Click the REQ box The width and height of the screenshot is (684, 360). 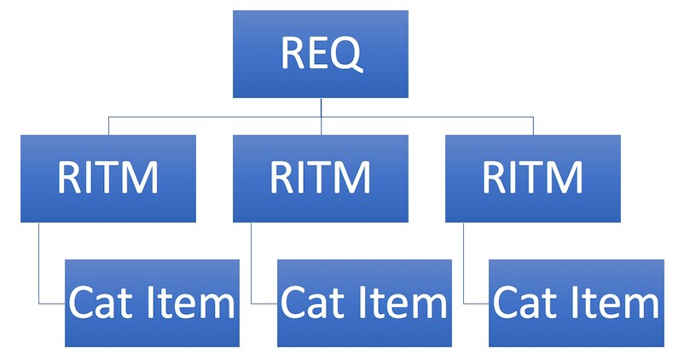pos(321,54)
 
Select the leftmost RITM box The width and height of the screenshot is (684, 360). pos(108,178)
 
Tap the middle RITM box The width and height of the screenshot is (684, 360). pos(321,178)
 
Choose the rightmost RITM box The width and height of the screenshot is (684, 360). pos(533,178)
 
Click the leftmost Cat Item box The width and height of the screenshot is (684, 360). pos(153,304)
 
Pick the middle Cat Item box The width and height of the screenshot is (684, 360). pos(365,304)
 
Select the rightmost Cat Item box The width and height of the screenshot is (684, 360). pos(577,304)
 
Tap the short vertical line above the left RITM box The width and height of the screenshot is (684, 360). pos(108,125)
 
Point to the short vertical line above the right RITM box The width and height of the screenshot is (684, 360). pos(533,125)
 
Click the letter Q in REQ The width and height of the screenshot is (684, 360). pos(345,54)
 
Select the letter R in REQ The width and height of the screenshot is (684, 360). pos(293,53)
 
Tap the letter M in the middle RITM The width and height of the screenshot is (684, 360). pos(353,177)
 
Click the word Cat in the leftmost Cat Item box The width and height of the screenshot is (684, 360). pos(101,302)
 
